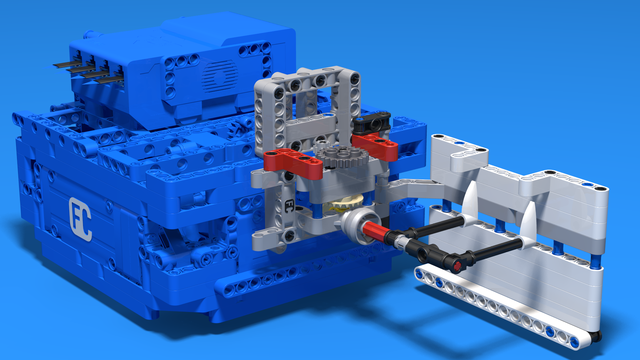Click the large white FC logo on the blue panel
[80, 219]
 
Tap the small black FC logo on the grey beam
[289, 205]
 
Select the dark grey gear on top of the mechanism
[339, 157]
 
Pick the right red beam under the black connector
[375, 144]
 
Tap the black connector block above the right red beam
[372, 122]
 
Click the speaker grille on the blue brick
[220, 76]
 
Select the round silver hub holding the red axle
[358, 226]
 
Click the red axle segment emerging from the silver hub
[374, 232]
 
